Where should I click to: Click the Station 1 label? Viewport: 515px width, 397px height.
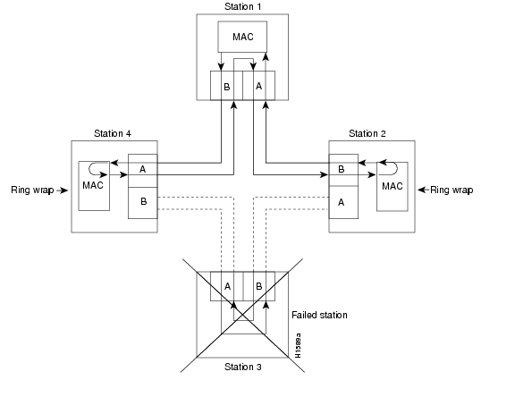pyautogui.click(x=242, y=7)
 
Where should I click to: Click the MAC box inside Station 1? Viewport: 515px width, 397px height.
pyautogui.click(x=242, y=37)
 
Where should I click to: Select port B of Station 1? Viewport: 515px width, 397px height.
pyautogui.click(x=226, y=87)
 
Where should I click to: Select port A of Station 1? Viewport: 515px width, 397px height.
pyautogui.click(x=258, y=87)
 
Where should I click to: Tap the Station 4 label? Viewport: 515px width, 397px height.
pyautogui.click(x=113, y=133)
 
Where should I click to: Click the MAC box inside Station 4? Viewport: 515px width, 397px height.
pyautogui.click(x=94, y=186)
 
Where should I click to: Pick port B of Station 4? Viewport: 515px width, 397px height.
pyautogui.click(x=143, y=201)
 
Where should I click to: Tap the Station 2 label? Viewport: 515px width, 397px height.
pyautogui.click(x=367, y=133)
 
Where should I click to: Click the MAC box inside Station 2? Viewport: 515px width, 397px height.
pyautogui.click(x=392, y=186)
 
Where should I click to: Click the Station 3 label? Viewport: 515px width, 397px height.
pyautogui.click(x=241, y=366)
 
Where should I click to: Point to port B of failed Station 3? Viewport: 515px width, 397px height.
pyautogui.click(x=258, y=287)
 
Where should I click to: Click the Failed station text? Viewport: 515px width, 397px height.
pyautogui.click(x=319, y=315)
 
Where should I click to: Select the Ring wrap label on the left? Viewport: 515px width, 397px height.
pyautogui.click(x=32, y=190)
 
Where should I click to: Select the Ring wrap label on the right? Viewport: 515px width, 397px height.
pyautogui.click(x=452, y=190)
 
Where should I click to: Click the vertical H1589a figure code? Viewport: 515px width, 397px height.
pyautogui.click(x=298, y=343)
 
